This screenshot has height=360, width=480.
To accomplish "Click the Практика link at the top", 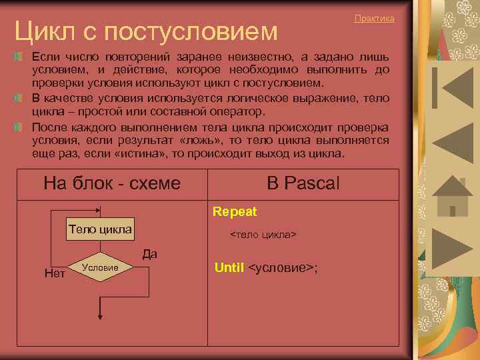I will [374, 19].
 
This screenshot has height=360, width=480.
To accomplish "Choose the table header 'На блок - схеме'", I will [111, 183].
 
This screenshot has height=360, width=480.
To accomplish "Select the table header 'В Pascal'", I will [303, 183].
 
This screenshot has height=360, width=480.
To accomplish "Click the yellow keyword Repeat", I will [235, 212].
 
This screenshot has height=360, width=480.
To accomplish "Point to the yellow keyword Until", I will [229, 268].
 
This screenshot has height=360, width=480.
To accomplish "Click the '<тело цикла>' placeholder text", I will [263, 235].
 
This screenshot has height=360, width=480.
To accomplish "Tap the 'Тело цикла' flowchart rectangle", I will [100, 229].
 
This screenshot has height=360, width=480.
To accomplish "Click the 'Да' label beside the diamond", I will [149, 254].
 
